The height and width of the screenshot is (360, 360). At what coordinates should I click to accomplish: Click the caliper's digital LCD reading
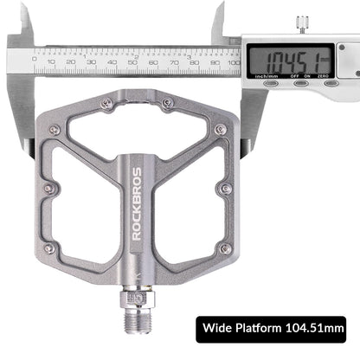tap(289, 61)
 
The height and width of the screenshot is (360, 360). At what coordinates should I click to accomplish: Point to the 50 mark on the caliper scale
tap(133, 62)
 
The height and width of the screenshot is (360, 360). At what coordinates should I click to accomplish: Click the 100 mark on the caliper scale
tap(233, 62)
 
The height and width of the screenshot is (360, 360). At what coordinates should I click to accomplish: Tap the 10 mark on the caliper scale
tap(53, 62)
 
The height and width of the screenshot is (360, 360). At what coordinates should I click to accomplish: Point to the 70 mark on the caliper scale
tap(174, 62)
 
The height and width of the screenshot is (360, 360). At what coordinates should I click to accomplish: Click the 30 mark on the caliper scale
tap(93, 62)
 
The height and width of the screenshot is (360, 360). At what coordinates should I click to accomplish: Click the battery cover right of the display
tap(348, 61)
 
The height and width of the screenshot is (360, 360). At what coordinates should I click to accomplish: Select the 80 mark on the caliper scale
tap(194, 62)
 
